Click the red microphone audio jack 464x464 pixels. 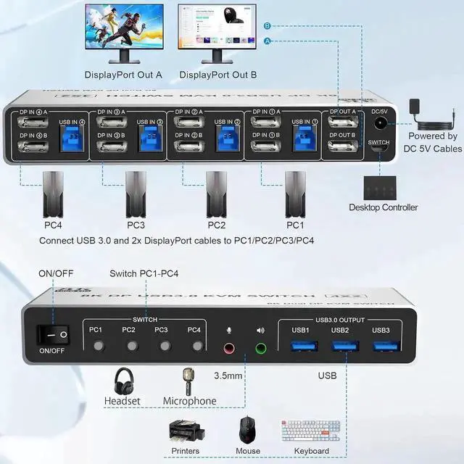[230, 348]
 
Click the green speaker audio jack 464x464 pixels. [260, 348]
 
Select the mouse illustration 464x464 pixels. [248, 431]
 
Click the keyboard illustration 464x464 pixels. [311, 431]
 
